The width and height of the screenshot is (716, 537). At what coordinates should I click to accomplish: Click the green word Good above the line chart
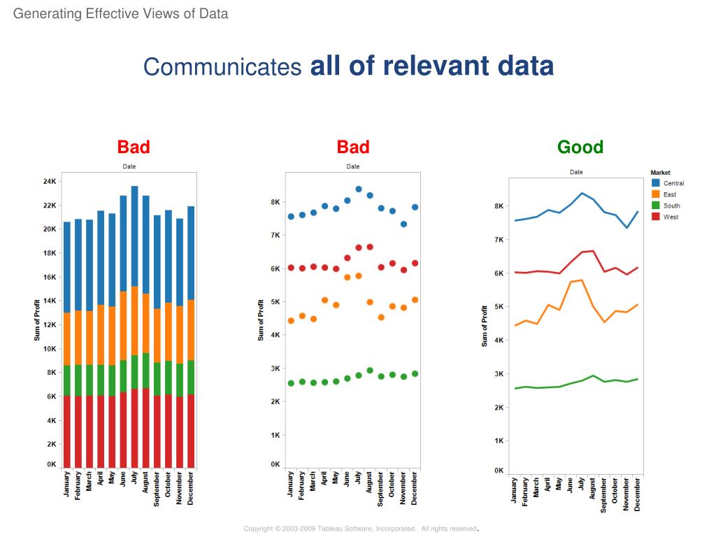pos(580,147)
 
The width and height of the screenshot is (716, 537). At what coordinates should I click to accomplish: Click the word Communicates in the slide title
pos(222,67)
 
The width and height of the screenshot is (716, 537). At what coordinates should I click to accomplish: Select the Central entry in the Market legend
pos(673,183)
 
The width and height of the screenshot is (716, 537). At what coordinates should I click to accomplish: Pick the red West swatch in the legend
pos(655,217)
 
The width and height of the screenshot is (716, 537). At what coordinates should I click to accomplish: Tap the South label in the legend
pos(671,206)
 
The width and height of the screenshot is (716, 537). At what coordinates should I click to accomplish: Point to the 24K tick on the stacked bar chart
pos(50,182)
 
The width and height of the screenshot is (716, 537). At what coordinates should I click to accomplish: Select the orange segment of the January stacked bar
pos(67,339)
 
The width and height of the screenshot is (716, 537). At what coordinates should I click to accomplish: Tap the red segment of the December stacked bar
pos(191,430)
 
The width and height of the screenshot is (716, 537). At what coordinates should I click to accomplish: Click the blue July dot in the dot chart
pos(359,189)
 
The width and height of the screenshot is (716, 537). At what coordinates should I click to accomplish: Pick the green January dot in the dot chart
pos(291,383)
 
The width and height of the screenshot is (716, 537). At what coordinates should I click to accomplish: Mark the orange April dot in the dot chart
pos(324,300)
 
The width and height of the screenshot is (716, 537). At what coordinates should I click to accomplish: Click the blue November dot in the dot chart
pos(403,224)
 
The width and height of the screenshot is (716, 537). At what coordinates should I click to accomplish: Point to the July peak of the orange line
pos(581,280)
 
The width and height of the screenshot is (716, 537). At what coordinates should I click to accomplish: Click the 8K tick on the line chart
pos(499,206)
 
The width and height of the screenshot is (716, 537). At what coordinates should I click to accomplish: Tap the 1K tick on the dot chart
pos(275,435)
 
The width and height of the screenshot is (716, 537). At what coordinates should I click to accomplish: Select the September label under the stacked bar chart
pos(157,489)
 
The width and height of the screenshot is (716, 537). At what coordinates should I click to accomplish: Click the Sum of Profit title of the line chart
pos(485,326)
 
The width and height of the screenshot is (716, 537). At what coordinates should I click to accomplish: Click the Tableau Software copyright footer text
pos(360,529)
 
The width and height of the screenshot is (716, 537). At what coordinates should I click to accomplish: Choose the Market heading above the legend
pos(660,172)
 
